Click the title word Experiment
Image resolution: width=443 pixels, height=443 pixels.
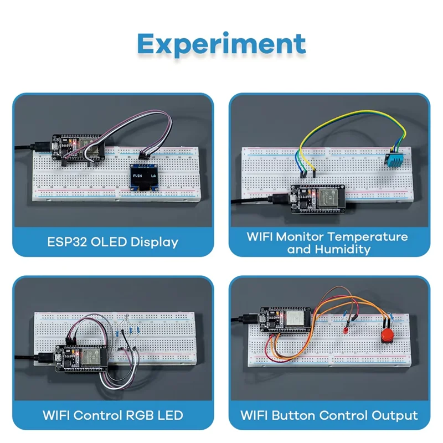tap(221, 44)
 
